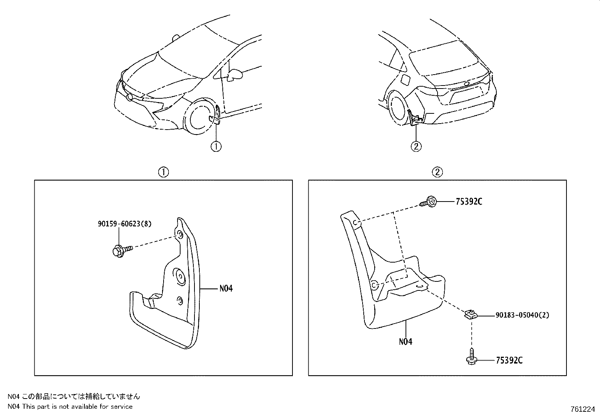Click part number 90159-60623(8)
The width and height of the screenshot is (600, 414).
pos(124,224)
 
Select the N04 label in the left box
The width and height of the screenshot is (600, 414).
pos(226,289)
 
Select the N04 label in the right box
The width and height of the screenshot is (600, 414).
pos(405,342)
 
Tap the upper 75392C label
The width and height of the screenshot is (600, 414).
pos(468,202)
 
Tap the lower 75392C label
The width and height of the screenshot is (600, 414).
pos(509,361)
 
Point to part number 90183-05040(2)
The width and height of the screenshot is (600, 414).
pos(522,315)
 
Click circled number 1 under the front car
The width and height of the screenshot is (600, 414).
pos(216,146)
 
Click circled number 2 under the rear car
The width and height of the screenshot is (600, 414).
pos(416,146)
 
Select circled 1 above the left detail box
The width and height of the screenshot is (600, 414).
pos(163,173)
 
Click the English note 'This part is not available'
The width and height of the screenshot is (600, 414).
pos(77,406)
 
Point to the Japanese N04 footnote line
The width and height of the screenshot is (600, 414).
pos(73,396)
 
